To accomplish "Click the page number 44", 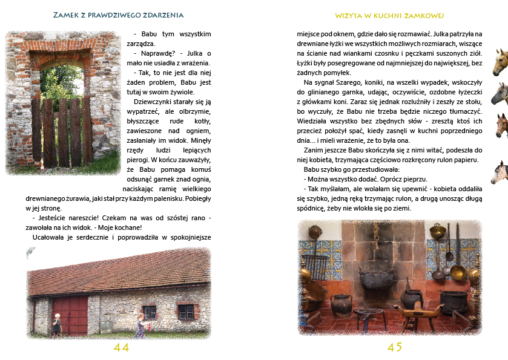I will coord(121,347).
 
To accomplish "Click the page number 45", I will coord(395,347).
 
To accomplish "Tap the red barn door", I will coord(70,315).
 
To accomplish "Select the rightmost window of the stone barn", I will coord(186,312).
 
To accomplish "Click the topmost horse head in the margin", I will coord(500,62).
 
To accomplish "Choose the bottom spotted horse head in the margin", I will coord(500,172).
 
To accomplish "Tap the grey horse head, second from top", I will coord(500,94).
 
